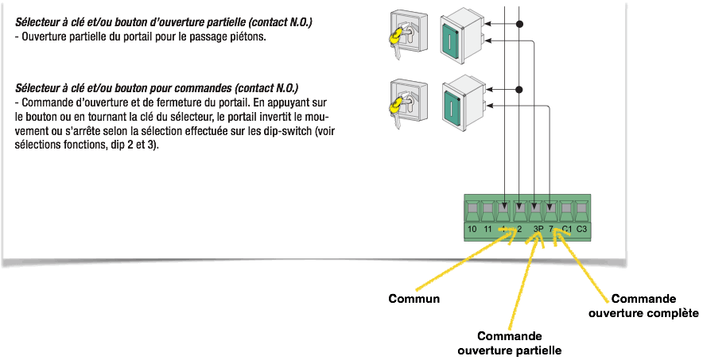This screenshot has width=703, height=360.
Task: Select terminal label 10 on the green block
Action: coord(472,229)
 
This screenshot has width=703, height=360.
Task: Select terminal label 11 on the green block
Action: coord(487,229)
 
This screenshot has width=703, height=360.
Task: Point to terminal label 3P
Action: coord(538,229)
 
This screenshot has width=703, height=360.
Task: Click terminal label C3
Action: coord(581,229)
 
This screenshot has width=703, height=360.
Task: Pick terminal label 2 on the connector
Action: coord(519,229)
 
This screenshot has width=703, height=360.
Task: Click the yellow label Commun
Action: coord(414,300)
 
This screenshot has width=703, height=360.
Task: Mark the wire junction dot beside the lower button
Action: coord(520,90)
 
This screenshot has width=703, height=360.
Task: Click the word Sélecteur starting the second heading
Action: coord(38,87)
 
